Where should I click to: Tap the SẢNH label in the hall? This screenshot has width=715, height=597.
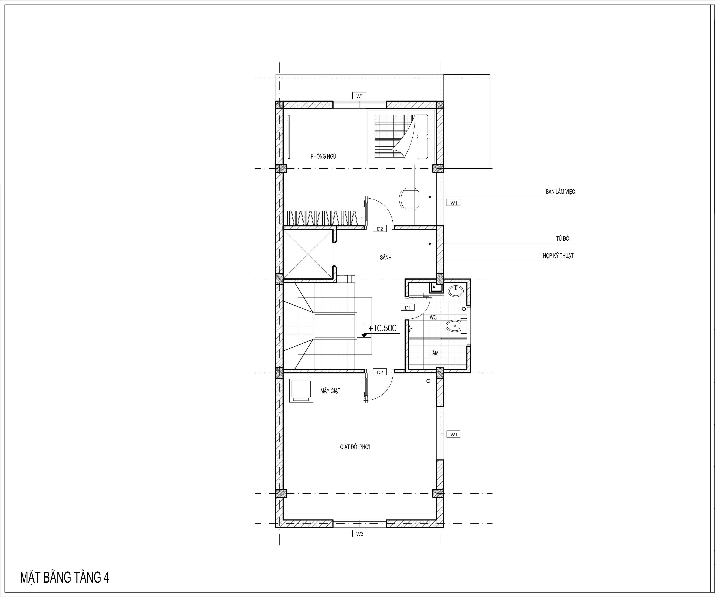(x=386, y=258)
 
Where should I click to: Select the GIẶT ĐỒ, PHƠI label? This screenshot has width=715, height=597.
(x=355, y=447)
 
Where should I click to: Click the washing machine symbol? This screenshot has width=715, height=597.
(x=301, y=390)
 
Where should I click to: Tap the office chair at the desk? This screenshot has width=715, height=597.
(x=409, y=199)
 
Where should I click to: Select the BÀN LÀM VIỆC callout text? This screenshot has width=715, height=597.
(x=560, y=192)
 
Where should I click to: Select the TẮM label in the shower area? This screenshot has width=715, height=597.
(x=434, y=353)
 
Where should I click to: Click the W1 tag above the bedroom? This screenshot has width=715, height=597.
(x=360, y=96)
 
